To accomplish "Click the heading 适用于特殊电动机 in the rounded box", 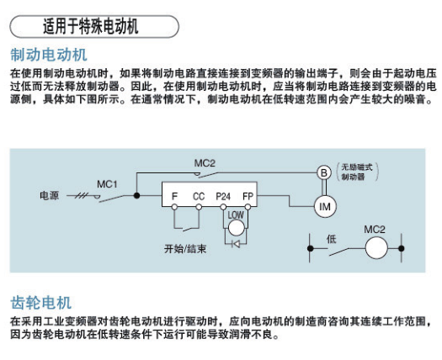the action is (x=90, y=27).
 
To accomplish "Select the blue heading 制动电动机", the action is (x=49, y=55).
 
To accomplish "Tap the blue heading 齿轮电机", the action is (x=41, y=303).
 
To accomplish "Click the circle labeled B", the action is (x=324, y=172).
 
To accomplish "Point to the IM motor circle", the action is (x=325, y=207).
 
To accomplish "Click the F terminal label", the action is (x=174, y=196).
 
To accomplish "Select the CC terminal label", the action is (x=199, y=196).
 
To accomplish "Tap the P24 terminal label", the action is (x=223, y=196).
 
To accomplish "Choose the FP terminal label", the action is (x=248, y=196).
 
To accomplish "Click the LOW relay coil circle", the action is (x=237, y=228).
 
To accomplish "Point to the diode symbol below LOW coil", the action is (x=236, y=244).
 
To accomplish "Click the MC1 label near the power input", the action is (x=107, y=184).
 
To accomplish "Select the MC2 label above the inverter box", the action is (x=205, y=163).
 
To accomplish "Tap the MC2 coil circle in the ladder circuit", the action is (x=376, y=248).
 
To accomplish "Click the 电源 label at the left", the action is (x=50, y=195).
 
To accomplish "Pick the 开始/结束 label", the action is (x=185, y=249).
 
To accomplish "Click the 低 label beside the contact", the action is (x=331, y=239).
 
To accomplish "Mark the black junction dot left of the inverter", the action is (x=136, y=195).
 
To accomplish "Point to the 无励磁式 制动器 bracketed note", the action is (x=357, y=172).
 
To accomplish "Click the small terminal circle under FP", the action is (x=248, y=207).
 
